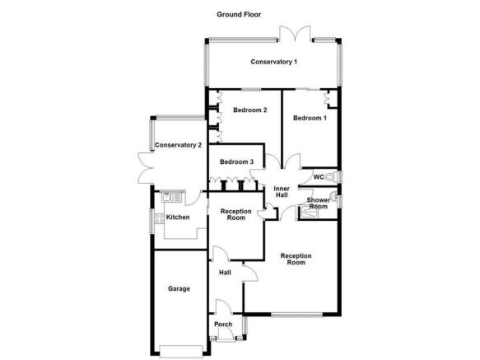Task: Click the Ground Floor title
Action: [x=239, y=14]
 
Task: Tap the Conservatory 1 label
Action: [x=273, y=62]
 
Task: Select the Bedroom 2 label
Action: [x=249, y=110]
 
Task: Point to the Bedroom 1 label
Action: [x=310, y=118]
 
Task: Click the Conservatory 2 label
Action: [x=178, y=145]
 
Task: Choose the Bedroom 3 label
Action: [x=236, y=161]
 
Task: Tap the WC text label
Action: [x=319, y=177]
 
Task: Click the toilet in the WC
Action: [x=332, y=177]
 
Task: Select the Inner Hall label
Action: [x=282, y=192]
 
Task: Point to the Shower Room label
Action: [x=319, y=203]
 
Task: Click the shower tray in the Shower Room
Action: [x=310, y=213]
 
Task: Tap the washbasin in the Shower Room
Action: [x=334, y=196]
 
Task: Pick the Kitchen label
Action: [x=178, y=217]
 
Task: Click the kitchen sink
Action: [x=172, y=196]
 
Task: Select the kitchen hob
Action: [x=159, y=218]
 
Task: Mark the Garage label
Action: [x=179, y=288]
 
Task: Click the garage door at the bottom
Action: [x=181, y=352]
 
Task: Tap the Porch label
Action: [x=223, y=324]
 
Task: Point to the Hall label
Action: [x=225, y=273]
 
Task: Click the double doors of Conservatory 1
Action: [x=295, y=33]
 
